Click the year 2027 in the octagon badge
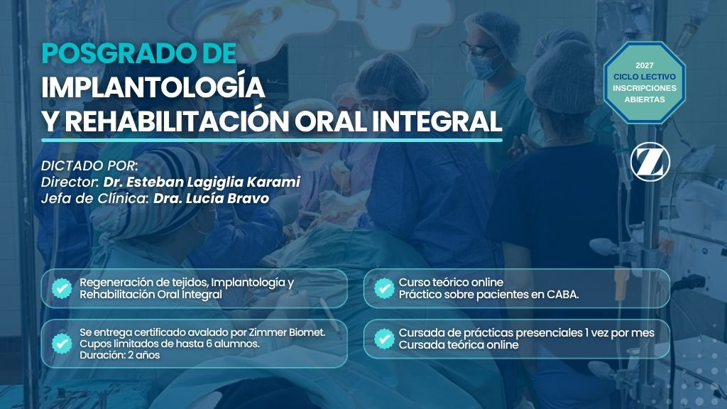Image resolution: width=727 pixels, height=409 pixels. pyautogui.click(x=645, y=65)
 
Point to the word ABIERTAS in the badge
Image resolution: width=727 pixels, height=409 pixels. pyautogui.click(x=645, y=99)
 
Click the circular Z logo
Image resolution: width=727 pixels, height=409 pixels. pyautogui.click(x=650, y=162)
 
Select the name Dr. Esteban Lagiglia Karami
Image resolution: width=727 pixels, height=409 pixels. pyautogui.click(x=202, y=182)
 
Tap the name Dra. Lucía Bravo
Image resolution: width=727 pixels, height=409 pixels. pyautogui.click(x=211, y=199)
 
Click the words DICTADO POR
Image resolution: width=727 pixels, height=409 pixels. pyautogui.click(x=89, y=165)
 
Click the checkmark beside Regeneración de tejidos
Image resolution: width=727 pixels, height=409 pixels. pyautogui.click(x=62, y=288)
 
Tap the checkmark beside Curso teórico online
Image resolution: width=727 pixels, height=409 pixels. pyautogui.click(x=384, y=288)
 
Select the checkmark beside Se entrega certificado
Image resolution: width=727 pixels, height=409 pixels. pyautogui.click(x=62, y=344)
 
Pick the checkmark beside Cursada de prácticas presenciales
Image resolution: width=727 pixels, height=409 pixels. pyautogui.click(x=384, y=339)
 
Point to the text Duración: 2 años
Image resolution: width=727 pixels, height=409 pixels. pyautogui.click(x=119, y=355)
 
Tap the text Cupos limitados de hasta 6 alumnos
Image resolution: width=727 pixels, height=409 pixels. pyautogui.click(x=170, y=344)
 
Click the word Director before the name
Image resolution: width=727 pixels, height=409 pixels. pyautogui.click(x=70, y=182)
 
